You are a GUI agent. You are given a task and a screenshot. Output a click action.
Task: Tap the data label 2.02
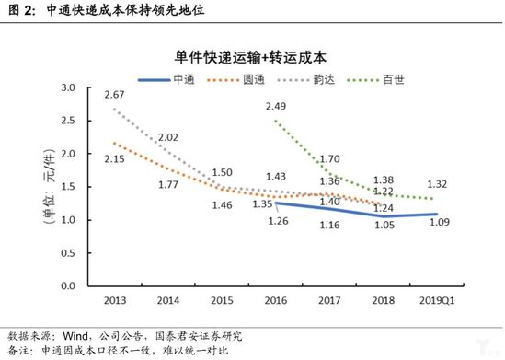(x=167, y=138)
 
